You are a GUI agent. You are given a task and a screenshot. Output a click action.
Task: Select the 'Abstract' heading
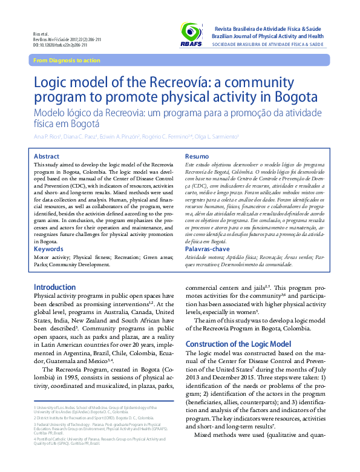point(47,156)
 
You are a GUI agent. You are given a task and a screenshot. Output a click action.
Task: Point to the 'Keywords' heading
point(48,249)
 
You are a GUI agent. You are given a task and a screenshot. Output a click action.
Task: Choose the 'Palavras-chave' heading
point(207,249)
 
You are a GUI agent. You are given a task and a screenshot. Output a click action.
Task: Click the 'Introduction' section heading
point(55,287)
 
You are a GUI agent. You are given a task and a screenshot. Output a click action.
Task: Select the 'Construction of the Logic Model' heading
point(238,344)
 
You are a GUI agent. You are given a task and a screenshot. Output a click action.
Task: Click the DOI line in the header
point(59,45)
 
